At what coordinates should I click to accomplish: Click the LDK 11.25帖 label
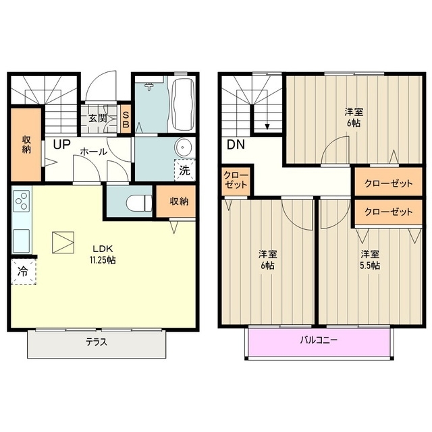tap(103, 255)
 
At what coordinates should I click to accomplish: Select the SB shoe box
tap(126, 119)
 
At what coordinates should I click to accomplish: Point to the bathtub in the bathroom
tap(183, 105)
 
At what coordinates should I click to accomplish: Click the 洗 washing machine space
tap(185, 170)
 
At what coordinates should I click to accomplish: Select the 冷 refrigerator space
tap(24, 272)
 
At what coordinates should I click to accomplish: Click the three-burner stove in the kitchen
tap(22, 201)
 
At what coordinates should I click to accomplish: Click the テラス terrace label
tap(97, 342)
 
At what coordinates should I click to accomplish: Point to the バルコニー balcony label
tap(319, 340)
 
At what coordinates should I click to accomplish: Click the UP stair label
tap(62, 144)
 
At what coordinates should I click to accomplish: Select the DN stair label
tap(236, 144)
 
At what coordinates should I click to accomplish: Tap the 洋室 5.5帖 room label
tap(370, 259)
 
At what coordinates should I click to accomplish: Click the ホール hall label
tap(94, 152)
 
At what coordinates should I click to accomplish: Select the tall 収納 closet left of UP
tap(26, 144)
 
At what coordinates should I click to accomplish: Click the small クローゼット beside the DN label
tap(236, 180)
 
